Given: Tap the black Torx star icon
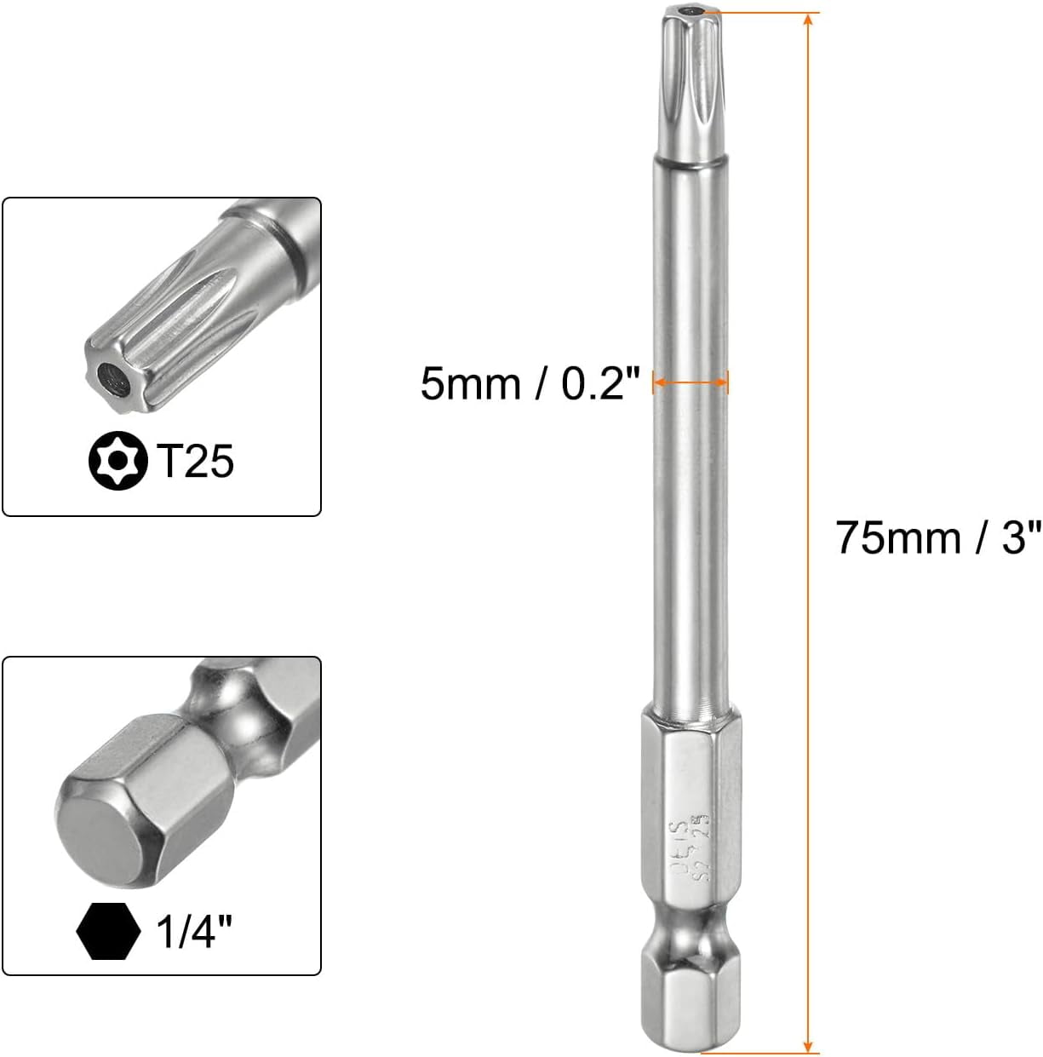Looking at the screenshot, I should (112, 461).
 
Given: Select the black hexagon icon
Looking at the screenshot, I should (108, 932).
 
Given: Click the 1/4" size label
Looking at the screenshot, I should (195, 933).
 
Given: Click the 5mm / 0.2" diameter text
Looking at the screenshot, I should (530, 384).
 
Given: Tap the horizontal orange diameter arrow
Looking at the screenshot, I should (691, 384).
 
